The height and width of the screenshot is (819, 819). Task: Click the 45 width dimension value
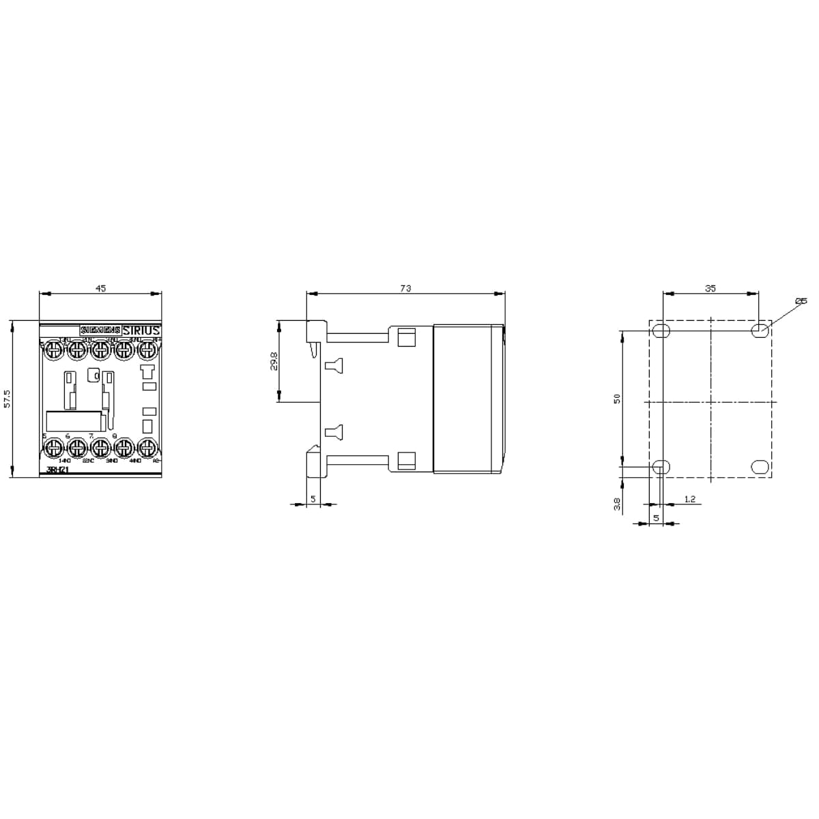click(100, 289)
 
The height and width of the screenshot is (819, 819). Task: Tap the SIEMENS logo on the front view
click(100, 330)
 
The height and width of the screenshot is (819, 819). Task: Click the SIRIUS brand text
click(141, 330)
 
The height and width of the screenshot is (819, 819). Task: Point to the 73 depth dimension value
click(405, 289)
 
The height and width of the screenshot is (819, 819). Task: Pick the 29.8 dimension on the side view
click(274, 362)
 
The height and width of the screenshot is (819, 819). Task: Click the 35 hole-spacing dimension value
click(710, 289)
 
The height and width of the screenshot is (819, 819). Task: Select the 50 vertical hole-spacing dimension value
click(617, 399)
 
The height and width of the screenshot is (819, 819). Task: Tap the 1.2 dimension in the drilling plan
click(689, 500)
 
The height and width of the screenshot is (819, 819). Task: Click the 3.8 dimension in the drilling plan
click(617, 504)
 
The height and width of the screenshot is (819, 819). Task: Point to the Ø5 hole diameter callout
click(801, 301)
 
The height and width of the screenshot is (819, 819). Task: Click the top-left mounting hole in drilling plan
click(661, 331)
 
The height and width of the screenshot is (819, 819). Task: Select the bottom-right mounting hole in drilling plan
click(759, 467)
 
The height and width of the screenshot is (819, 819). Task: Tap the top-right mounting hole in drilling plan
click(759, 331)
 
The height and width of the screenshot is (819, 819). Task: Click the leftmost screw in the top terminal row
click(53, 351)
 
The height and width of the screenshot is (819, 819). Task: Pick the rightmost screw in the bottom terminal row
click(147, 448)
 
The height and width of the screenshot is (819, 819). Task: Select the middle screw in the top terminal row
click(100, 351)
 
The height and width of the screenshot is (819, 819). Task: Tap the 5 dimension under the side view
click(313, 499)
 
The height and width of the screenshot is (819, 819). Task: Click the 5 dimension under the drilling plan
click(656, 518)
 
